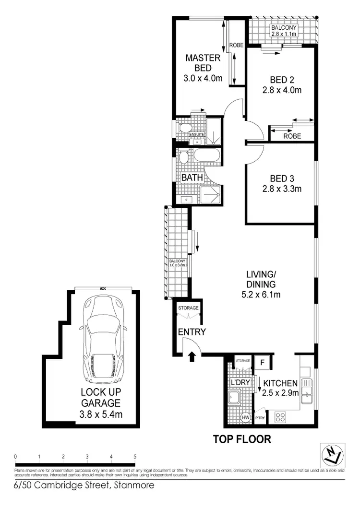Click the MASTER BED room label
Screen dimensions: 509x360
(203, 63)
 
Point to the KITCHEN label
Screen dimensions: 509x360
(281, 383)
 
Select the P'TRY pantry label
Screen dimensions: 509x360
(260, 418)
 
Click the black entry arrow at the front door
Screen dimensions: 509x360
(192, 356)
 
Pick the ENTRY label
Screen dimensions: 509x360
(192, 332)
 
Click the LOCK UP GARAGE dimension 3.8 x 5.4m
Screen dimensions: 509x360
(101, 414)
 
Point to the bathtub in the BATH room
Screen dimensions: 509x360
(206, 156)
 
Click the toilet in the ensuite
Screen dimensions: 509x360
(184, 128)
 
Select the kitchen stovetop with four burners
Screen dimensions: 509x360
(281, 416)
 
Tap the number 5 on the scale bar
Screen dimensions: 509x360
(135, 456)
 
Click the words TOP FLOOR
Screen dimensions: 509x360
(242, 438)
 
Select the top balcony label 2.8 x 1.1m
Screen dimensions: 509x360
(284, 34)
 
